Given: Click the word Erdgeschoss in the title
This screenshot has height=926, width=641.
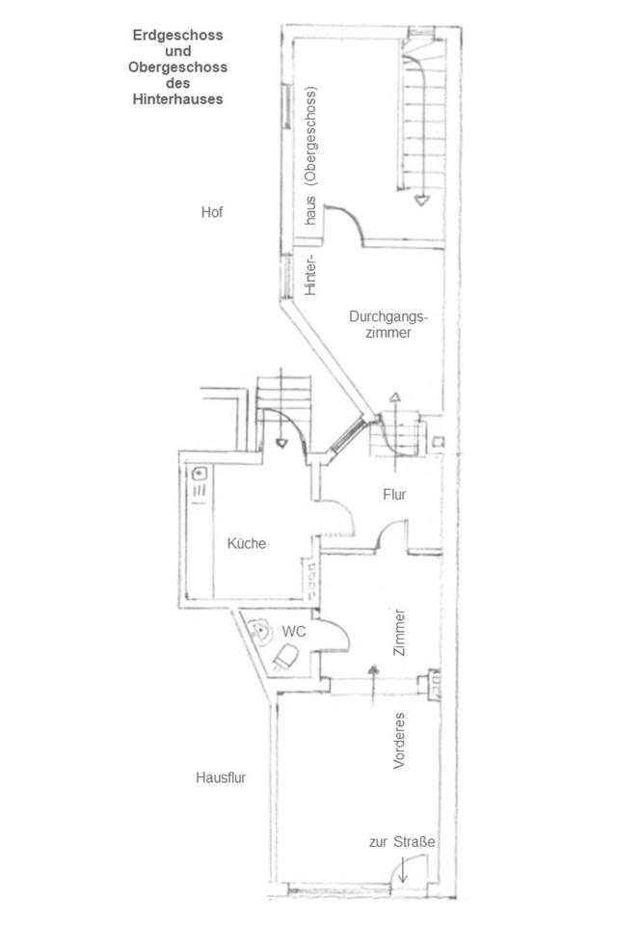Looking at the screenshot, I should click(178, 35).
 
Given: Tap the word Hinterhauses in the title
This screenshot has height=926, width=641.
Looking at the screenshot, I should click(178, 98).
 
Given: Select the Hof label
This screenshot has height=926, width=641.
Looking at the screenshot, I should click(212, 212).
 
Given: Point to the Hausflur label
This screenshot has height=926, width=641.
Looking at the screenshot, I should click(221, 776).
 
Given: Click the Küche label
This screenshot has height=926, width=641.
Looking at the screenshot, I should click(246, 543).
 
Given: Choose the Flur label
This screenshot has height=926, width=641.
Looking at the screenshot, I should click(393, 495).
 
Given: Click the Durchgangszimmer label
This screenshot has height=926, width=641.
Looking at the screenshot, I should click(388, 324).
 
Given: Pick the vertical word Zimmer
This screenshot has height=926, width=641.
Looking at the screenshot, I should click(400, 632).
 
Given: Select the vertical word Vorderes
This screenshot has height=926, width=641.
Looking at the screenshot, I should click(399, 741).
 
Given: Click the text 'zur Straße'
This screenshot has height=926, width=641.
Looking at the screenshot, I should click(402, 842).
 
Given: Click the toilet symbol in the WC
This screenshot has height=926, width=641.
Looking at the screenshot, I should click(285, 658).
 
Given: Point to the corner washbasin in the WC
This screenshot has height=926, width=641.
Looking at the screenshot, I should click(258, 628).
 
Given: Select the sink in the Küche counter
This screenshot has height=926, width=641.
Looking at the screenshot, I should click(201, 474).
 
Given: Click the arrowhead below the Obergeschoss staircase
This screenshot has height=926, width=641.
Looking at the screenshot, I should click(421, 201).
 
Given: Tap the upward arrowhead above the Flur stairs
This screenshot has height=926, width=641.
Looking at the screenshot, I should click(395, 396).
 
